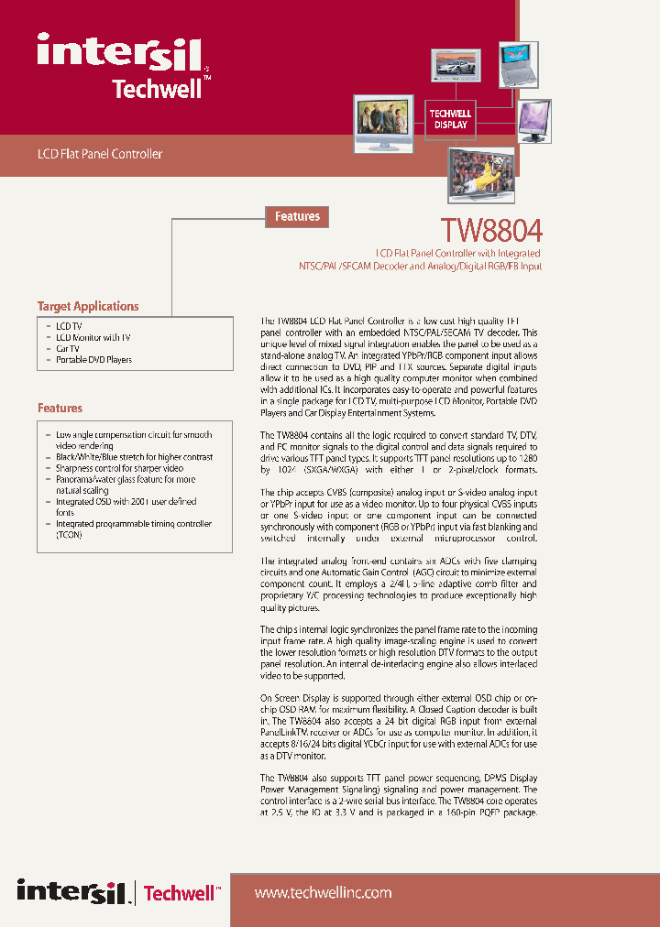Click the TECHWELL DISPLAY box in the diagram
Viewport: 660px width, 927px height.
[x=450, y=119]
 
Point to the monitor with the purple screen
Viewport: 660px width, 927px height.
[x=535, y=120]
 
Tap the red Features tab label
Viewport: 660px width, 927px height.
[x=297, y=216]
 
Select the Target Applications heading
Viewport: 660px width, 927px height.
[x=88, y=306]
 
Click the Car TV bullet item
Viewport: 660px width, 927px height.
[x=68, y=348]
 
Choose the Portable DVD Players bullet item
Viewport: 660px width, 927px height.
[x=93, y=359]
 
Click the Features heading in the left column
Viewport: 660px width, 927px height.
[x=60, y=408]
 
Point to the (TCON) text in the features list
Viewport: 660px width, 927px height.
[x=69, y=535]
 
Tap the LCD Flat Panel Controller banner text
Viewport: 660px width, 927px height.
[x=99, y=154]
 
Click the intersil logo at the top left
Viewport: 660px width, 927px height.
[x=120, y=52]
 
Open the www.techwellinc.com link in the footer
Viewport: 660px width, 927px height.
[x=322, y=892]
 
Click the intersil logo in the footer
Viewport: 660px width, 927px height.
[x=74, y=891]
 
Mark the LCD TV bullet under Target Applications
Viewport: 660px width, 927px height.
[x=69, y=326]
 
